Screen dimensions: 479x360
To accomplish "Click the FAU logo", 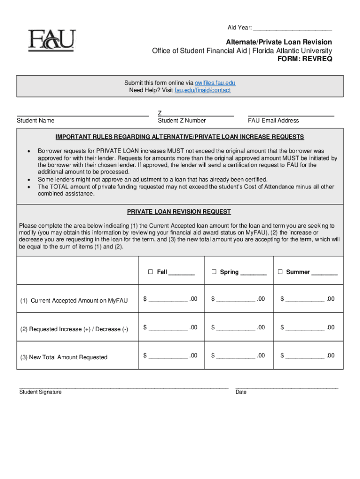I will click(x=51, y=41).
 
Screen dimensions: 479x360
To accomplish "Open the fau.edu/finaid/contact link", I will click(x=202, y=90).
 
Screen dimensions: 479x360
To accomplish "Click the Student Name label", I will click(x=36, y=121).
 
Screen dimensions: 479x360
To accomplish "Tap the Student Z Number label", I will click(x=182, y=121).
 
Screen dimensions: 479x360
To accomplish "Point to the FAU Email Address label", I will click(x=273, y=121).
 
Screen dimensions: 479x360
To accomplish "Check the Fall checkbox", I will click(x=151, y=272).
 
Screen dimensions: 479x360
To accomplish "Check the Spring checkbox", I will click(x=214, y=272).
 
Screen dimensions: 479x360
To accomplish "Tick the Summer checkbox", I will click(x=281, y=272).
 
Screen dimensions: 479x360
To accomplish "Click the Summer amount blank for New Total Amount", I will click(x=305, y=356).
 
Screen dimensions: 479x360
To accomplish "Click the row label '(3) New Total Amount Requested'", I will click(x=64, y=357).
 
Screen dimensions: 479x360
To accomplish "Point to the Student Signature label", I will click(x=40, y=392).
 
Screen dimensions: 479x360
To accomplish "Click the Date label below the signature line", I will click(x=241, y=392).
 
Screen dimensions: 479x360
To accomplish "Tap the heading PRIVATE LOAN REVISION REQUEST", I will click(x=180, y=212).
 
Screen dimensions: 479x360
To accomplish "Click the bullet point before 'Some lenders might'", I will click(x=29, y=180).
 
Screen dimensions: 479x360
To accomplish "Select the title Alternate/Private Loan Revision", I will click(x=279, y=42).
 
